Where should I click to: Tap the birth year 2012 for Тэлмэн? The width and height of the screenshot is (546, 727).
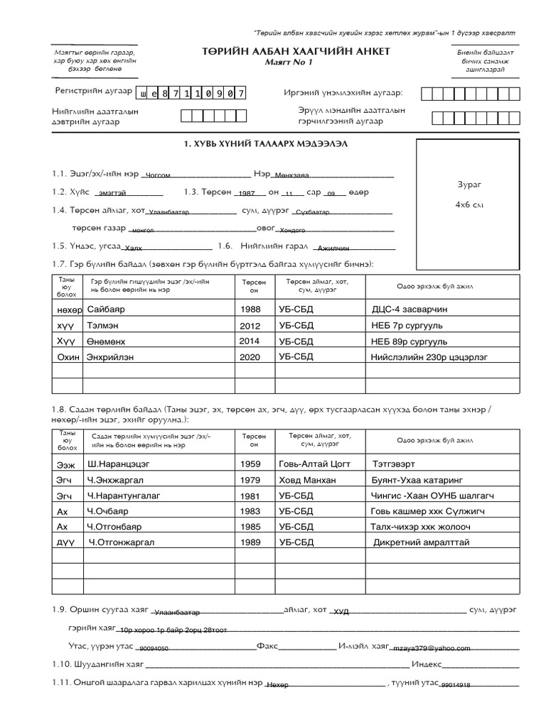coord(250,325)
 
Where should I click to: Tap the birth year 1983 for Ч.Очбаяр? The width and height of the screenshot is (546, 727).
coord(250,511)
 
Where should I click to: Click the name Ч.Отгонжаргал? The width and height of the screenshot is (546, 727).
coord(122,543)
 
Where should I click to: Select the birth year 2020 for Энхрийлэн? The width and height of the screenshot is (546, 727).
coord(250,356)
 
